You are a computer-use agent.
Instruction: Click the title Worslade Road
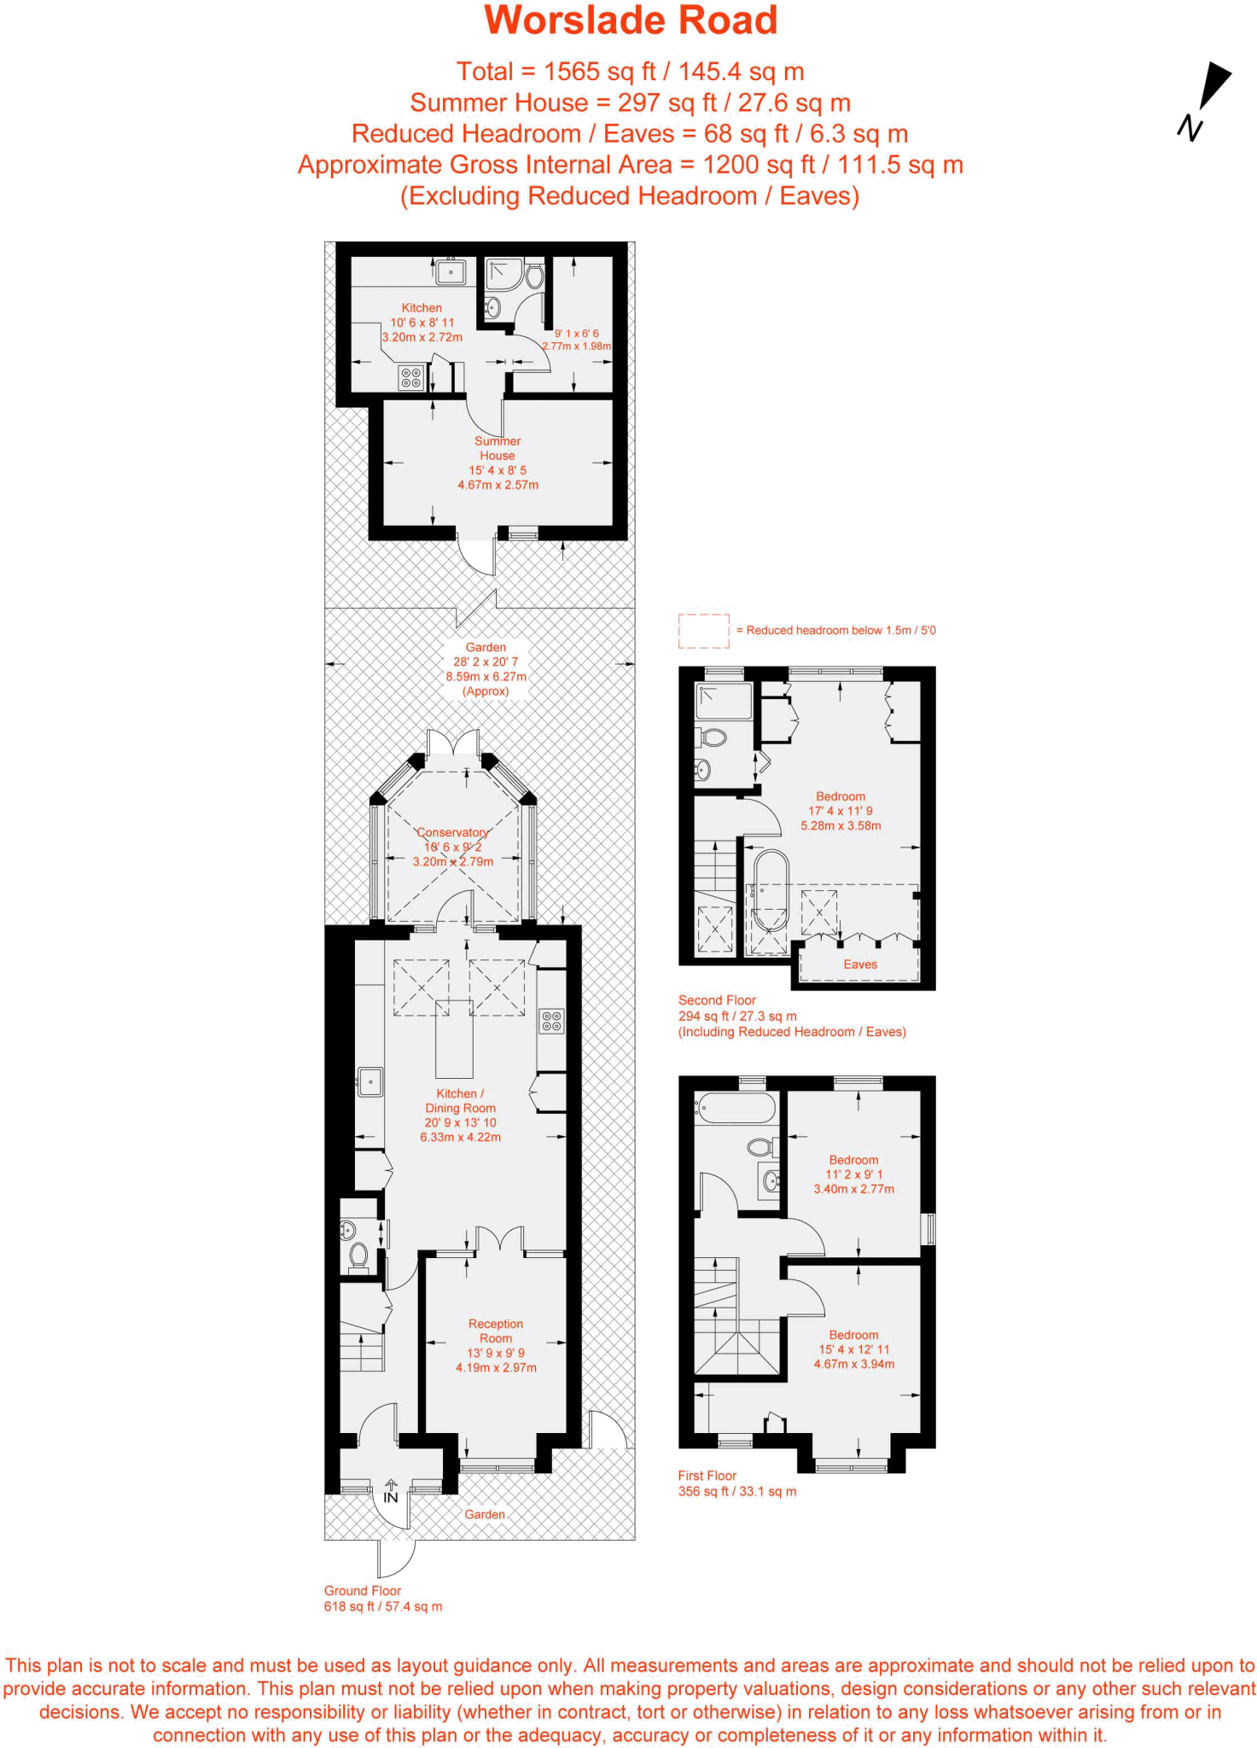[x=631, y=20]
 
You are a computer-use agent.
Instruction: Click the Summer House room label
[x=498, y=448]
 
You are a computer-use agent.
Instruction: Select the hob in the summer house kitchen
[x=411, y=377]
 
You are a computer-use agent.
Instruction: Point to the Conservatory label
[x=452, y=832]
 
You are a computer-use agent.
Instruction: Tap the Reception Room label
[x=496, y=1331]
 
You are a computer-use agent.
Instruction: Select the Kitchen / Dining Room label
[x=460, y=1100]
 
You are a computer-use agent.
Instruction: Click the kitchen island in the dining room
[x=454, y=1040]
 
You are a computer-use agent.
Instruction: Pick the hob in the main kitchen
[x=551, y=1021]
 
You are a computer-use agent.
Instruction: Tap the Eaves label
[x=860, y=964]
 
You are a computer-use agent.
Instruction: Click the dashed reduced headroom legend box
[x=704, y=630]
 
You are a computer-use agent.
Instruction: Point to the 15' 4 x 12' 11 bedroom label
[x=853, y=1349]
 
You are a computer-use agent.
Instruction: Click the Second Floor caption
[x=717, y=999]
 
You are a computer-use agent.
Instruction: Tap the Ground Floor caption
[x=362, y=1591]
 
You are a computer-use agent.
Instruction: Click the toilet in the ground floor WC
[x=359, y=1256]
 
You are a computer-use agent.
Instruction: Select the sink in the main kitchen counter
[x=370, y=1082]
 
